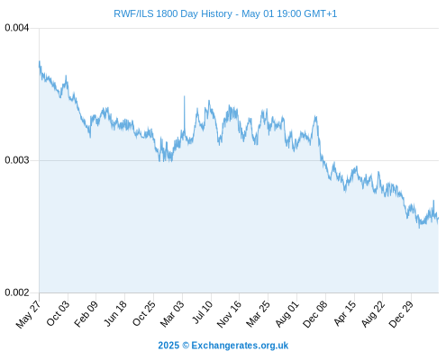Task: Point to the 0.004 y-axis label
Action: coord(17,28)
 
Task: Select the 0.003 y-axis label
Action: coord(17,160)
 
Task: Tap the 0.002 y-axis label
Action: coord(17,292)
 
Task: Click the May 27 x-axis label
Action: coord(28,314)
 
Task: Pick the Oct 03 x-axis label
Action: coord(58,313)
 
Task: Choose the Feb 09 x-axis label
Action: coord(86,314)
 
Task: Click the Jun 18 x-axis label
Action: coord(115,313)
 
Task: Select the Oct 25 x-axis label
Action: coord(144,313)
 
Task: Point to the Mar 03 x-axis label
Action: coord(172,314)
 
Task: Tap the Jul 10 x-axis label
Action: coord(203,312)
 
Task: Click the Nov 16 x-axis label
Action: coord(229,314)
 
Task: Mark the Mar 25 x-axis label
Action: coord(258,314)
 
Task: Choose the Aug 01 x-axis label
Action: coord(287,314)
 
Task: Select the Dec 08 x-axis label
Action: coord(314,314)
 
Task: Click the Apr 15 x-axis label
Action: coord(344,313)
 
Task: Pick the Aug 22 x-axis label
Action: coord(372,314)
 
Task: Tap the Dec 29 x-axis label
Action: coord(401,314)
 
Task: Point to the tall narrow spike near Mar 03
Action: coord(185,115)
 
